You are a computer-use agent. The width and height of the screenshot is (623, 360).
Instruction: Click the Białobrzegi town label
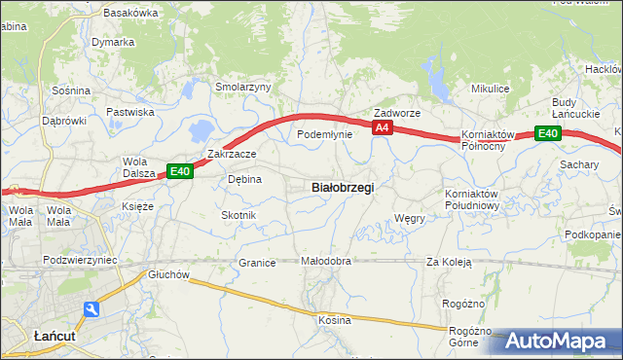[342, 187]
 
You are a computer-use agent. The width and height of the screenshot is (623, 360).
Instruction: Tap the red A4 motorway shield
[383, 127]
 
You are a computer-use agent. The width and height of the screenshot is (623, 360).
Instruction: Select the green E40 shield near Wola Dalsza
[179, 171]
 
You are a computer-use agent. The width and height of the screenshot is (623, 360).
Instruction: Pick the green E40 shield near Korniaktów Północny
[548, 134]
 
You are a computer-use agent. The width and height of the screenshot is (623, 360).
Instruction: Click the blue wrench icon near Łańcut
[92, 309]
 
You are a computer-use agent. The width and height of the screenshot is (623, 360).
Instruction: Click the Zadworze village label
[397, 113]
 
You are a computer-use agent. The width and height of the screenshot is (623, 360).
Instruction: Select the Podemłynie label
[324, 135]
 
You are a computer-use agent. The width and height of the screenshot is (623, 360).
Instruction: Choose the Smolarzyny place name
[243, 87]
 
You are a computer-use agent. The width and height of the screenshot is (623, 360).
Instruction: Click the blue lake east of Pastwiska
[201, 128]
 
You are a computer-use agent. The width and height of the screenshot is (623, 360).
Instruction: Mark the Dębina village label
[244, 179]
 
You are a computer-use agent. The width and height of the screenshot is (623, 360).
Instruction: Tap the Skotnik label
[238, 215]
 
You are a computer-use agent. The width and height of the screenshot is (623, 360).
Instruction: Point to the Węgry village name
[410, 219]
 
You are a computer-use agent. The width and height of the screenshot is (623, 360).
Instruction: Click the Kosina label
[334, 319]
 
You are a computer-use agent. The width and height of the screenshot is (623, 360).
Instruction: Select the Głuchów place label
[168, 274]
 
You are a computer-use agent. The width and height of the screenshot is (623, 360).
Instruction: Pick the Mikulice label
[491, 89]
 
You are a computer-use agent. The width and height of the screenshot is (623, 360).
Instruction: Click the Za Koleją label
[449, 262]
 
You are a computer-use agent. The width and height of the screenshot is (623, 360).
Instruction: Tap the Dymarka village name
[113, 43]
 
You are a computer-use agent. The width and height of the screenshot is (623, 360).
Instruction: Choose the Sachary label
[579, 164]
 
